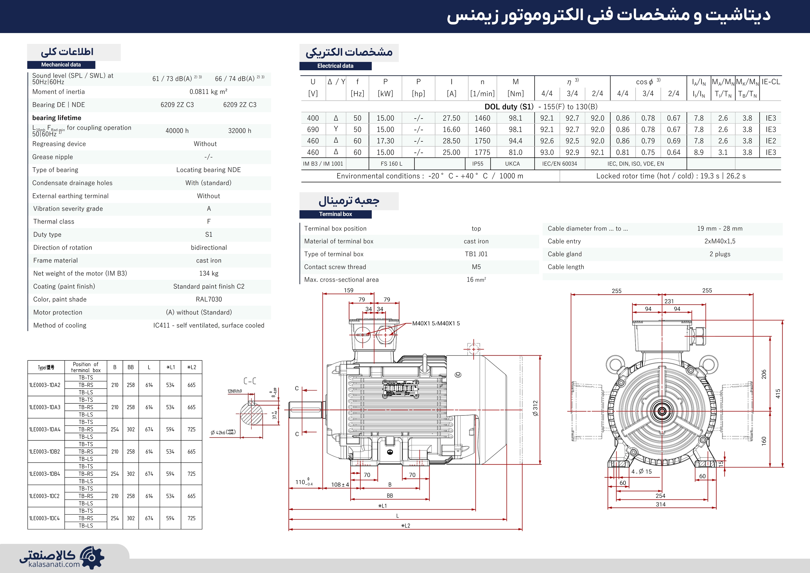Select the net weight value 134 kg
[x=209, y=273]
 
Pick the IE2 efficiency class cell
[x=771, y=141]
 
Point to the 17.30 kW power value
[x=385, y=141]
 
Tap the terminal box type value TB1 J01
[x=476, y=254]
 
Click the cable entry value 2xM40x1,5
[x=720, y=241]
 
